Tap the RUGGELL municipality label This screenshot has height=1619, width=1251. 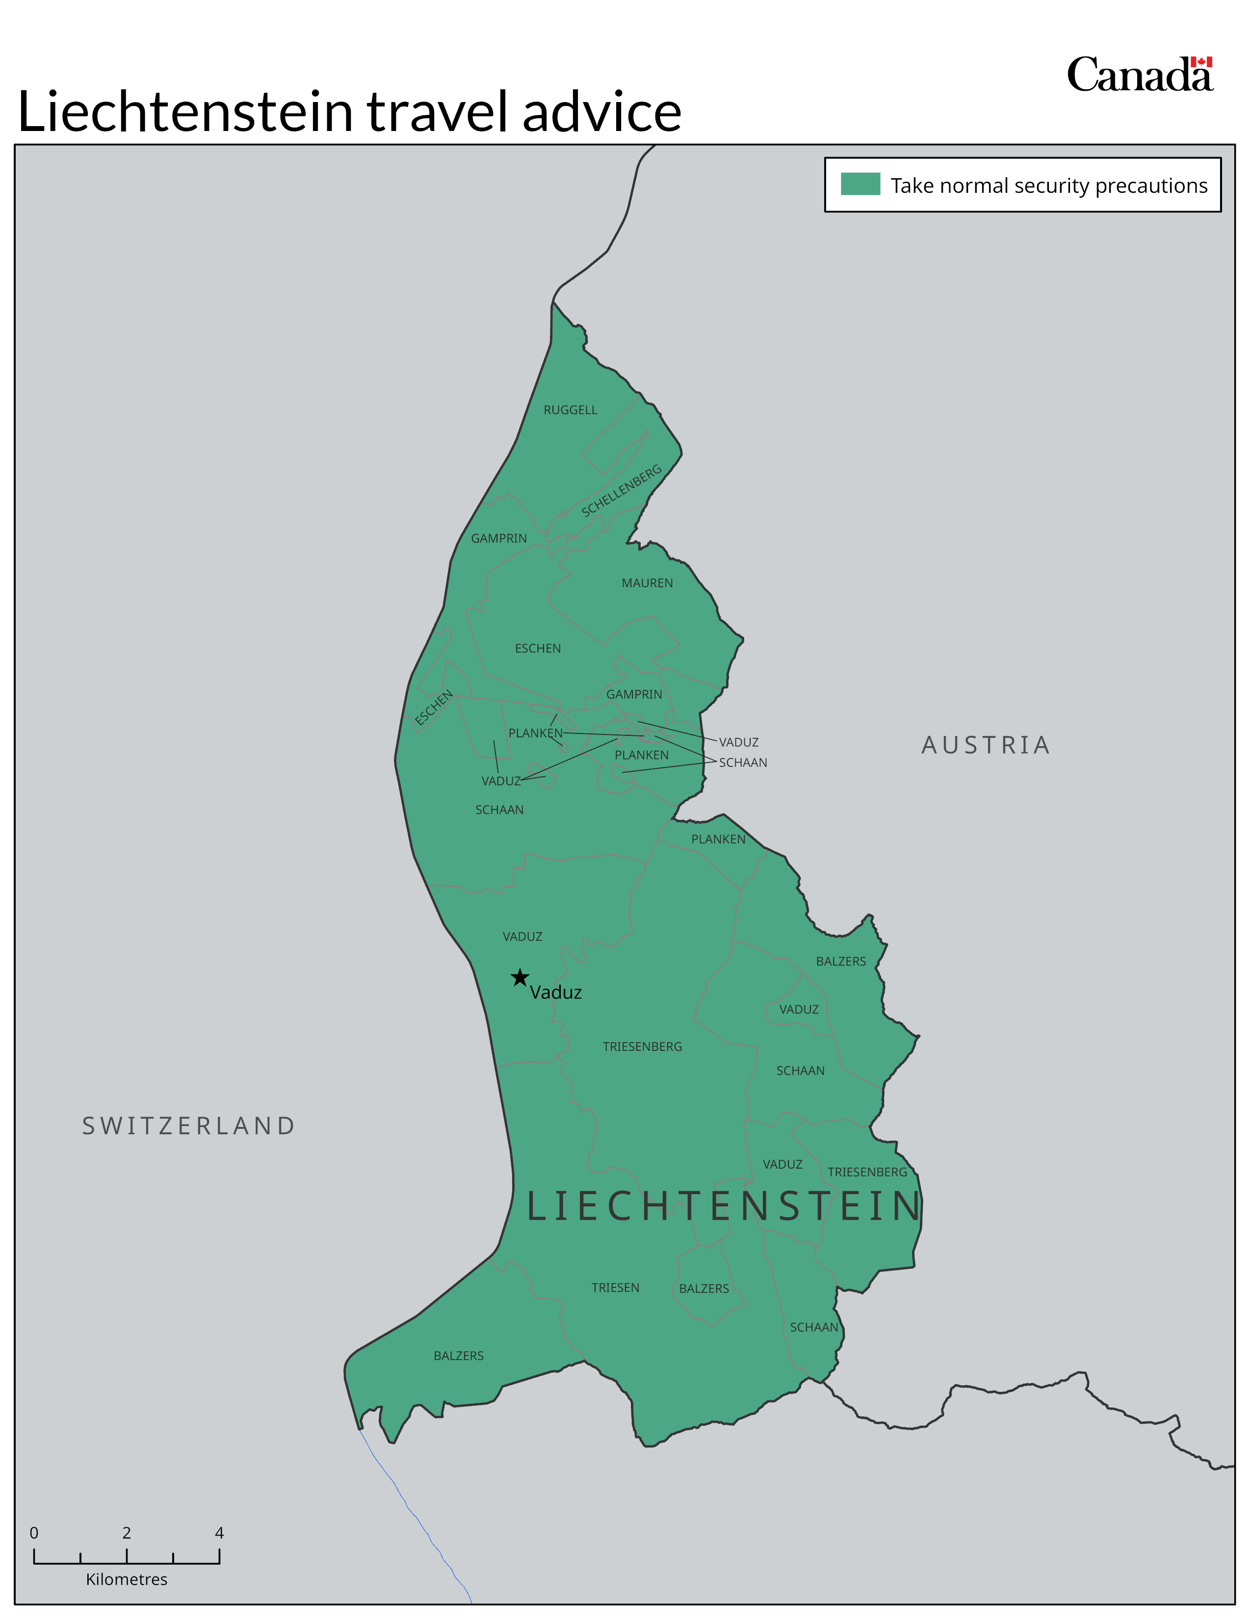570,410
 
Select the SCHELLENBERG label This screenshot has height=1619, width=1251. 621,492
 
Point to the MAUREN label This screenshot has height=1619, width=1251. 647,583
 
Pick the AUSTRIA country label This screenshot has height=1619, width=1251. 986,745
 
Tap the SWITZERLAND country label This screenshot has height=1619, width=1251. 189,1125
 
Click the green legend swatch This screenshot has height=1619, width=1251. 860,184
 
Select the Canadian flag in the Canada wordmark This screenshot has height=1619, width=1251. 1201,62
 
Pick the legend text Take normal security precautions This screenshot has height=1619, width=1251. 1049,185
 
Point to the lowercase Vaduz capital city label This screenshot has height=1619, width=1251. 556,992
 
